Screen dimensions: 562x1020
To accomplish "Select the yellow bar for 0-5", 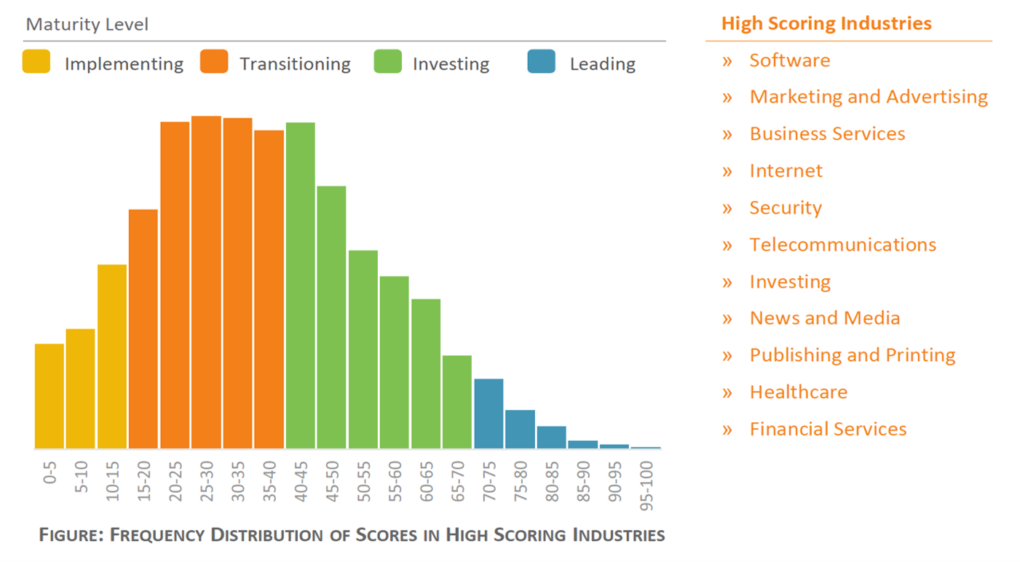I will (50, 396).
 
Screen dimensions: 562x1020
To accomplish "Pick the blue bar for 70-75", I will (488, 413).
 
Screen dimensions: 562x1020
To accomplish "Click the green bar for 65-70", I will (456, 402).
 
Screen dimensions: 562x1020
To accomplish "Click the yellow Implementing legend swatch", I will (36, 62).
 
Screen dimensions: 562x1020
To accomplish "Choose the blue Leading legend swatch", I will (541, 62).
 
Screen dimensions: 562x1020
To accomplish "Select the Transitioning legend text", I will (295, 64).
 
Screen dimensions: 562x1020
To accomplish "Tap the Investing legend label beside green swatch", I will (451, 64).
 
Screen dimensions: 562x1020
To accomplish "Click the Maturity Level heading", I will (87, 25).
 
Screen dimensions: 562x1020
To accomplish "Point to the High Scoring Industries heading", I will (826, 23).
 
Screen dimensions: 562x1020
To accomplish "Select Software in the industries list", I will (789, 60).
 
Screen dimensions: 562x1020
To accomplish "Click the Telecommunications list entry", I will (842, 245).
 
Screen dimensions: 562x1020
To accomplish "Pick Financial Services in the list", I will (828, 429).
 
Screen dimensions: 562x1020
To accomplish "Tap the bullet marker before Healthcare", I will (727, 393).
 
